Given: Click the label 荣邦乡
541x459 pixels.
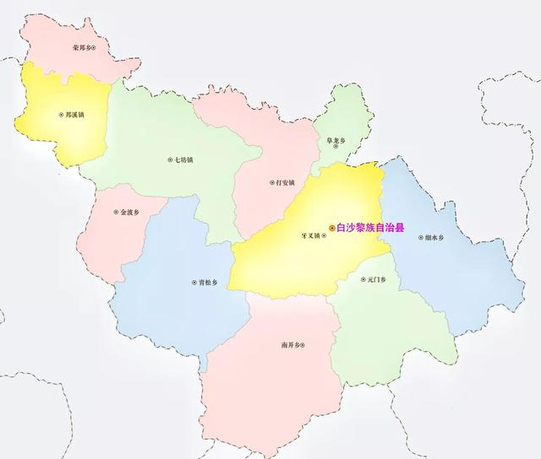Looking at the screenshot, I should pos(81,48).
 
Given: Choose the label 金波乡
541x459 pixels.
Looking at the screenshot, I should pos(128,212).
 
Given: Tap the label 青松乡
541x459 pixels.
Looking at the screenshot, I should pos(199,283).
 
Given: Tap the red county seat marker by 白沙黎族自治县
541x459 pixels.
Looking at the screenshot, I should pos(331,228).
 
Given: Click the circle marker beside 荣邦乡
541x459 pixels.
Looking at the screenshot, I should pos(95,48).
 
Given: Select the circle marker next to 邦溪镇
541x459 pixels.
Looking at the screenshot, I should pos(61,113).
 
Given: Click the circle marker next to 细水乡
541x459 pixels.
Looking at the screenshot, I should pos(418,237).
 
